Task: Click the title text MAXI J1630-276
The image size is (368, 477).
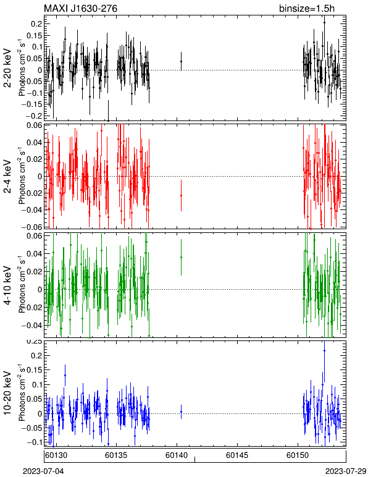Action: [x=80, y=9]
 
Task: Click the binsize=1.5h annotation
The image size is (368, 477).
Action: [x=307, y=9]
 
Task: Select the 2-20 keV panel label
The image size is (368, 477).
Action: [x=7, y=68]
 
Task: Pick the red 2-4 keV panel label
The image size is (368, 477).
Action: [x=7, y=177]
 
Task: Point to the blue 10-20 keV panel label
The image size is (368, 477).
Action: [x=7, y=393]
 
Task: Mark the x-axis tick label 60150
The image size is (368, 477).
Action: [x=298, y=455]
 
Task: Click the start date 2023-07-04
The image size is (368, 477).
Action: [x=43, y=471]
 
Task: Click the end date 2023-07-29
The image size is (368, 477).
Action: [x=346, y=471]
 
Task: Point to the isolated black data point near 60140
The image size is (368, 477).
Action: [x=181, y=61]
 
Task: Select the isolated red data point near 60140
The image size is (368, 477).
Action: [x=181, y=196]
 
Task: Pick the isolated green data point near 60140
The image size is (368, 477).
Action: [x=181, y=258]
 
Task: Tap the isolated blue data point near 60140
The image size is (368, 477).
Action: [x=181, y=412]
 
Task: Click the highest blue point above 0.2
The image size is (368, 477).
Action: [x=324, y=351]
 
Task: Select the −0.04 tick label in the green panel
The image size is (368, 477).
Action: [x=31, y=326]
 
